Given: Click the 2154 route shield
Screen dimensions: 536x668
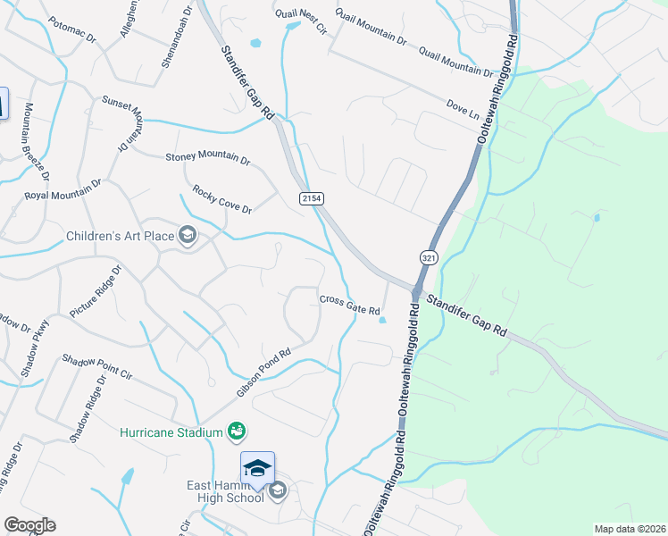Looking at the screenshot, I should click(x=311, y=197).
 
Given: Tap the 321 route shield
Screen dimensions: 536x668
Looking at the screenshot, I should click(x=430, y=256).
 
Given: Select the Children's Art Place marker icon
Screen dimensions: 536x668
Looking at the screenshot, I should click(x=188, y=236).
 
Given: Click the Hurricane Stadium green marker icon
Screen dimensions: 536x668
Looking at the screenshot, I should click(x=237, y=432).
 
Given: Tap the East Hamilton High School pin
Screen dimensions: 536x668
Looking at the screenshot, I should click(x=256, y=470).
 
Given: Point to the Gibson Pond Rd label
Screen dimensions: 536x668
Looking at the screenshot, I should click(x=264, y=372).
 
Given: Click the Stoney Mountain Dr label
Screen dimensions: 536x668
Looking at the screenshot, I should click(x=208, y=157).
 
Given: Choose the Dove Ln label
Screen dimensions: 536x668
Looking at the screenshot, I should click(x=463, y=111).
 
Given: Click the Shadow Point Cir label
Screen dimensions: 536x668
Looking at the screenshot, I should click(x=96, y=366).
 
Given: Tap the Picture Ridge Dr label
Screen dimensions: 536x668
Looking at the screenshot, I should click(x=95, y=291).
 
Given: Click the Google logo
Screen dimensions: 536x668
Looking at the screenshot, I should click(x=29, y=525).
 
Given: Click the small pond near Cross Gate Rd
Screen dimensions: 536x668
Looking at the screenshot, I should click(x=382, y=320).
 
